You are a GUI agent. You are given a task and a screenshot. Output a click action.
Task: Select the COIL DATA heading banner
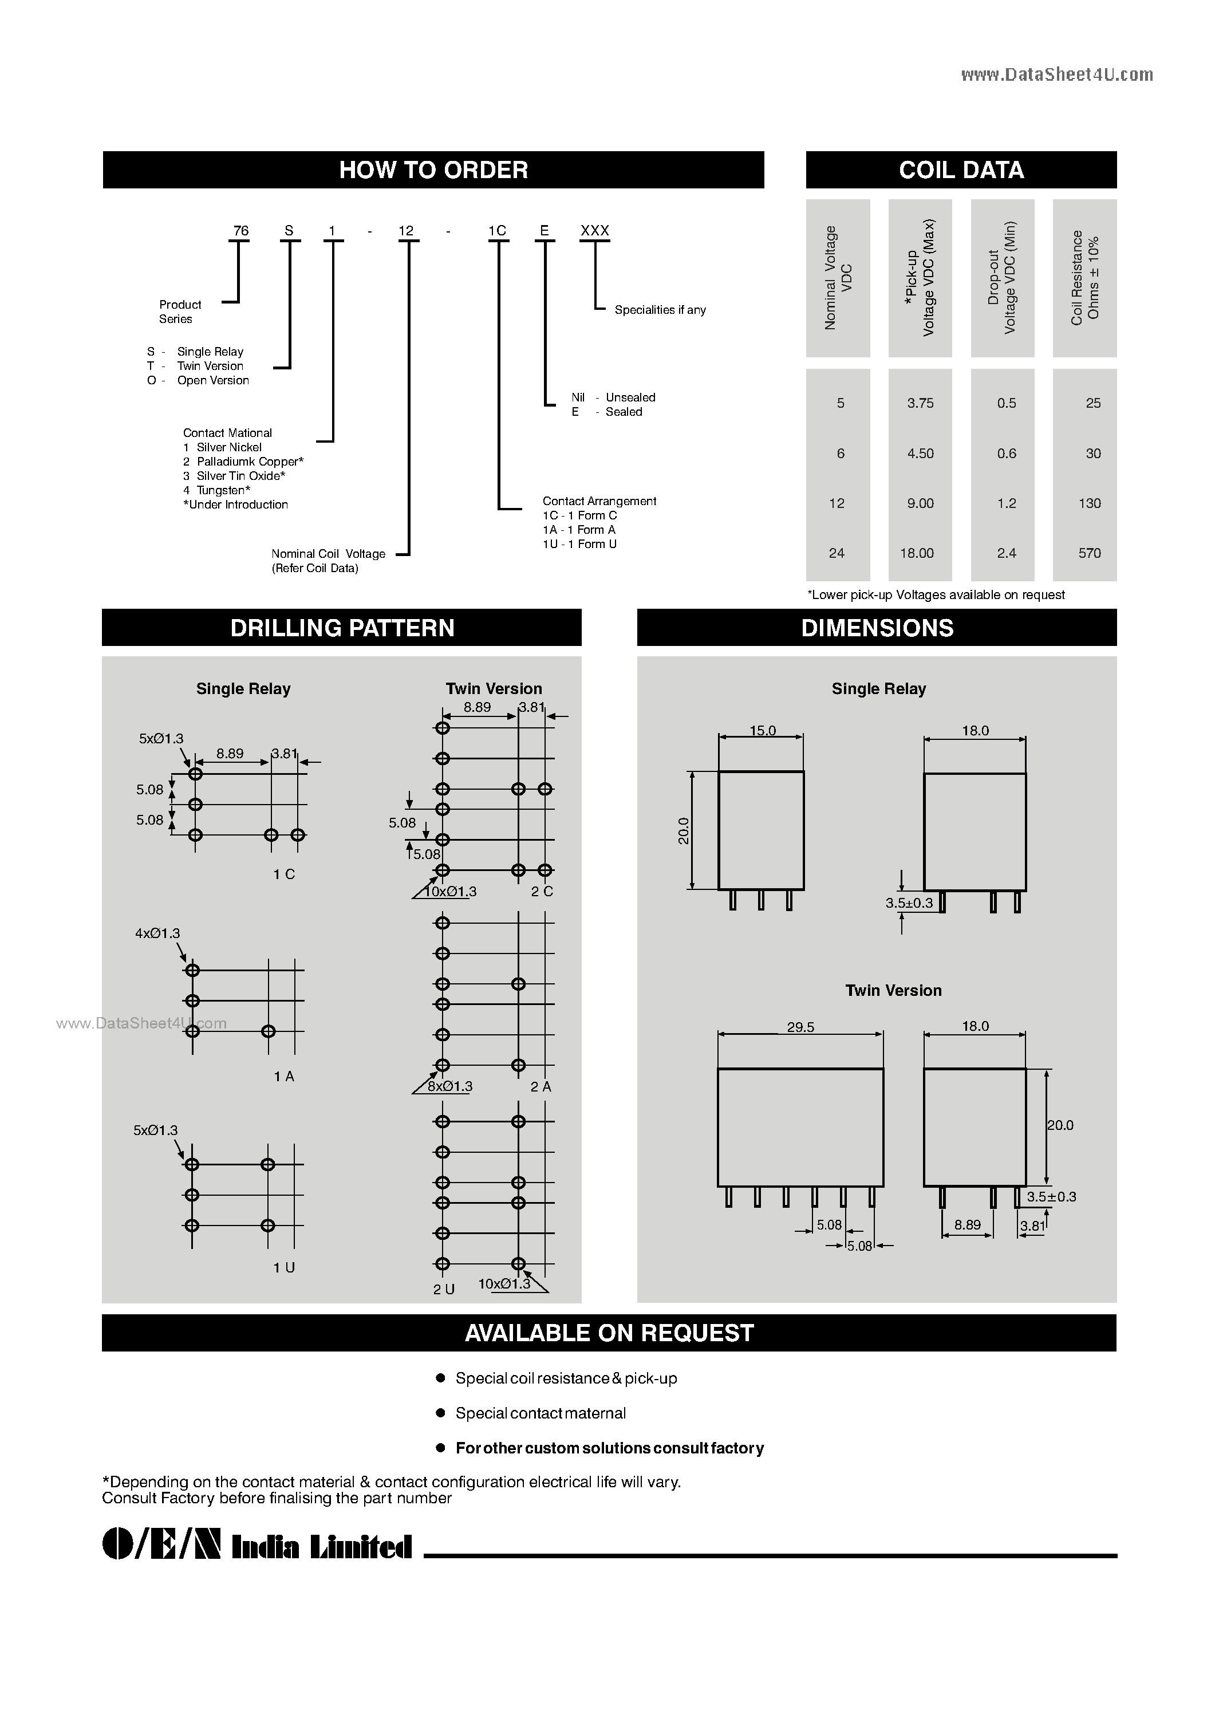961,170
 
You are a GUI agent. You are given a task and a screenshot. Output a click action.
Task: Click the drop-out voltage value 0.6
1007,454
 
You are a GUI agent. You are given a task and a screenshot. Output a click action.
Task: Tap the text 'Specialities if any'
660,310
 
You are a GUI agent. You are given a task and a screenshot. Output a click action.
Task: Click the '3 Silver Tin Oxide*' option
234,476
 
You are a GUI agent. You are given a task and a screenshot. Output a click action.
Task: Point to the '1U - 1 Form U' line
579,544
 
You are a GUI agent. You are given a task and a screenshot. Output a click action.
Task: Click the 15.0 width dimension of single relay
763,730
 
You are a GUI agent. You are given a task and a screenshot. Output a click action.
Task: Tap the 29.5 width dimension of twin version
800,1027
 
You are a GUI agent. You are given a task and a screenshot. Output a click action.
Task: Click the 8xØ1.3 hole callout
451,1086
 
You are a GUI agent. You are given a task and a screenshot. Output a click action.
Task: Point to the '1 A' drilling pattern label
284,1077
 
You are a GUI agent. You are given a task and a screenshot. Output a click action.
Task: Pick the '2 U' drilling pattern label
444,1289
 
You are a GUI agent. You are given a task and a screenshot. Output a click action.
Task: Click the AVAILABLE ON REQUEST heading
609,1333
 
